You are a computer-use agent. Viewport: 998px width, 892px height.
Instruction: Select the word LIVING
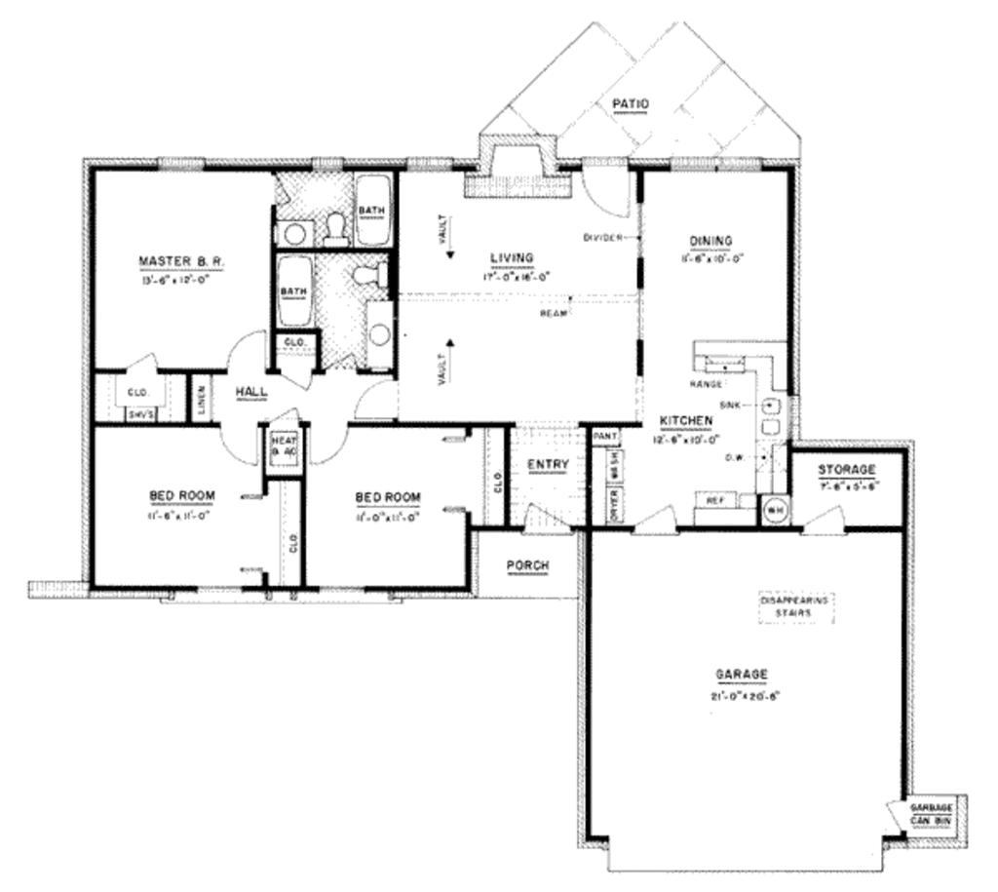(x=512, y=257)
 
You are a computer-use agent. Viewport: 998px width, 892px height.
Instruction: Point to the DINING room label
(x=710, y=241)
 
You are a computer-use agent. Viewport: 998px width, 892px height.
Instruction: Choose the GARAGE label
(x=743, y=674)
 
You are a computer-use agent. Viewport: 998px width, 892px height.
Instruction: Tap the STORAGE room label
(x=846, y=469)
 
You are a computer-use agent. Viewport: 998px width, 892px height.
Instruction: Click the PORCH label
(x=527, y=565)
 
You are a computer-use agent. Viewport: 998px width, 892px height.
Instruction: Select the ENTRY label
(x=547, y=464)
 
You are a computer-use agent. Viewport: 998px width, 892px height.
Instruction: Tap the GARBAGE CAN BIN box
(x=930, y=813)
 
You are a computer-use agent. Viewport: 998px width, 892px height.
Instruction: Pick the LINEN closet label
(x=201, y=398)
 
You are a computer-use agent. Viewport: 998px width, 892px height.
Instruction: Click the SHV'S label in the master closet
(x=139, y=413)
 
